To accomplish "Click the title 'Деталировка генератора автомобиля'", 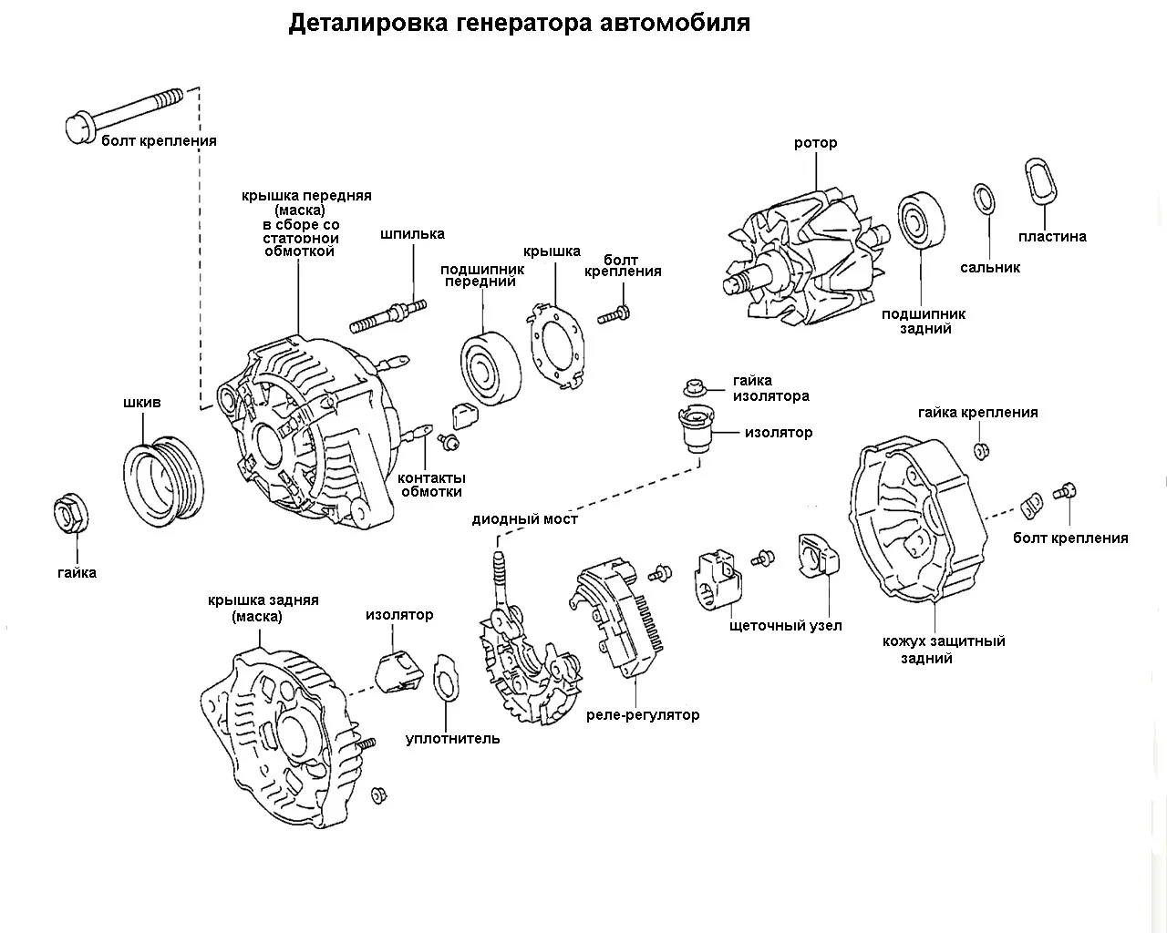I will coord(519,23).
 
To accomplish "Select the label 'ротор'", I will coord(815,143).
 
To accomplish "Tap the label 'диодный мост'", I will coord(524,519).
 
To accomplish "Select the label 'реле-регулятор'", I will coord(643,715).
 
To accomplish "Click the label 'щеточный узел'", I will coord(786,626).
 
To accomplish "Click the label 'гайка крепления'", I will coord(977,413).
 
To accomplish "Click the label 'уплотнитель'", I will coord(452,739).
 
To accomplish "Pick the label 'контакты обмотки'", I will coord(431,485).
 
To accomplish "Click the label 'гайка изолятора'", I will coord(770,388).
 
